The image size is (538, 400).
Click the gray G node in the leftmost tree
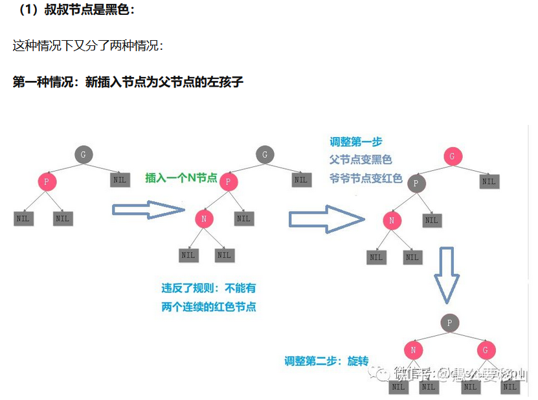click(x=83, y=154)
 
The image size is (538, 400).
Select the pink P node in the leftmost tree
click(x=47, y=181)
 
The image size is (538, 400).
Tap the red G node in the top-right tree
click(x=453, y=156)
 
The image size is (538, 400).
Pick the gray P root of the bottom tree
click(x=449, y=322)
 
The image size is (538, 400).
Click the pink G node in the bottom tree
click(x=486, y=350)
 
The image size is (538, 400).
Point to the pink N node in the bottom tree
click(x=413, y=350)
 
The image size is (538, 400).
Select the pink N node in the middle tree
click(x=204, y=219)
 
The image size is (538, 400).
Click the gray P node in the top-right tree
click(x=416, y=183)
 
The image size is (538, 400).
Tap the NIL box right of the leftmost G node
click(x=119, y=179)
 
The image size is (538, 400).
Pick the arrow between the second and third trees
click(x=326, y=219)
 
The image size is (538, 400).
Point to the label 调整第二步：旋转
click(x=326, y=361)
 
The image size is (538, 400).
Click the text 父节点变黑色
click(x=361, y=160)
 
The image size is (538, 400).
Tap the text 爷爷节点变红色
click(x=366, y=178)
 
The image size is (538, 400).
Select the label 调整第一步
click(x=356, y=142)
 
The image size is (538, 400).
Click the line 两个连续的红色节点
click(x=208, y=307)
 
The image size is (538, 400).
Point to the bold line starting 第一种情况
click(x=128, y=82)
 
